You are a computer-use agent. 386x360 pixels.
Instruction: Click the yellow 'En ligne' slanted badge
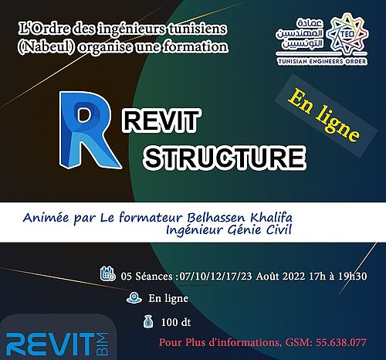pyautogui.click(x=323, y=115)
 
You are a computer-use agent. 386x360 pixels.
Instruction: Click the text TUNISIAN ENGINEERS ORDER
pyautogui.click(x=322, y=61)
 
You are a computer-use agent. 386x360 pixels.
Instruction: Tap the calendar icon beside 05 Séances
pyautogui.click(x=107, y=273)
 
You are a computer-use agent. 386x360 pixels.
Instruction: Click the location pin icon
pyautogui.click(x=134, y=298)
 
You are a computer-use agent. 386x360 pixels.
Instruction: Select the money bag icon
pyautogui.click(x=148, y=321)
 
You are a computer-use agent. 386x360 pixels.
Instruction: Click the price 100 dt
pyautogui.click(x=176, y=322)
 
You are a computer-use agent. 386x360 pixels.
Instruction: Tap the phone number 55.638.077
pyautogui.click(x=341, y=342)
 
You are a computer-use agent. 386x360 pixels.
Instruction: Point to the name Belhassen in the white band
pyautogui.click(x=216, y=218)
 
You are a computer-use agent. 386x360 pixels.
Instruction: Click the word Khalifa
pyautogui.click(x=272, y=218)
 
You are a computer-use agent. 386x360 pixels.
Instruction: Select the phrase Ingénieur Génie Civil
pyautogui.click(x=229, y=230)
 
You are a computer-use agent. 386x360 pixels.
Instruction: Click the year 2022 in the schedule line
pyautogui.click(x=293, y=277)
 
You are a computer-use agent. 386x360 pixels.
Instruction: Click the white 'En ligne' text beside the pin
pyautogui.click(x=168, y=299)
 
